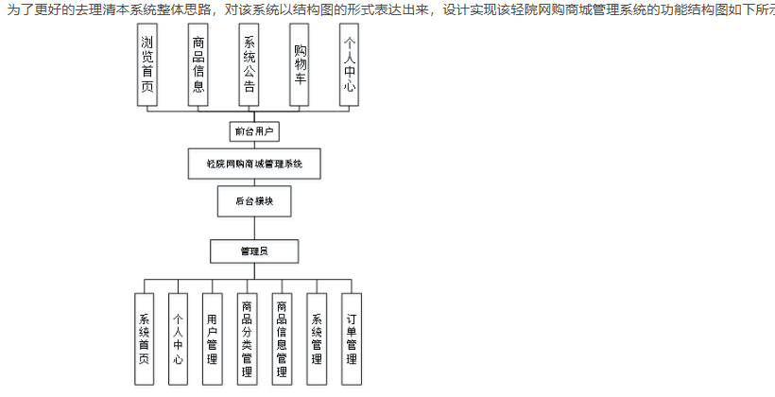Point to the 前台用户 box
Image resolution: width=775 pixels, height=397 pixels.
(x=254, y=131)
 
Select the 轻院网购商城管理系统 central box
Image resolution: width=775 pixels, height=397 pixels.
(x=254, y=164)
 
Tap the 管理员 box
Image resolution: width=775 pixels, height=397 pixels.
(x=254, y=250)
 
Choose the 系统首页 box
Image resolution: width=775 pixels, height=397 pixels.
(x=144, y=338)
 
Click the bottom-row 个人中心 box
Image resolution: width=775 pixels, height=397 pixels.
(x=178, y=338)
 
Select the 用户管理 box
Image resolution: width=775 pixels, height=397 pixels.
(x=213, y=338)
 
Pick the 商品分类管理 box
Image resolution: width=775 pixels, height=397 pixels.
(x=247, y=338)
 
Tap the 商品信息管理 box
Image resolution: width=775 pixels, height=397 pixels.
(x=282, y=338)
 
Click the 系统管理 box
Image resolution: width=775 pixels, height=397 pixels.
(x=317, y=338)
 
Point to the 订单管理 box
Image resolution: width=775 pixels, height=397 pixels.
(x=351, y=338)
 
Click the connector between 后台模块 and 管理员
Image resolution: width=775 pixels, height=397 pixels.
(x=254, y=227)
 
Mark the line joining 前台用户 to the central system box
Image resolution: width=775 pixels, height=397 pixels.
(x=254, y=145)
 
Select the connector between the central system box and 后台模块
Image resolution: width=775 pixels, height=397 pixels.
(x=254, y=182)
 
